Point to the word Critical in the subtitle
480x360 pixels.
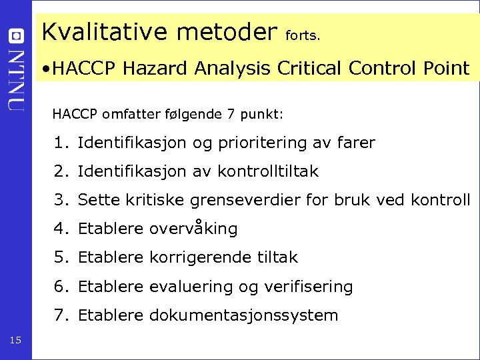pos(309,67)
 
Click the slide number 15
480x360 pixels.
pos(16,341)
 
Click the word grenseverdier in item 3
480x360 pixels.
pos(245,200)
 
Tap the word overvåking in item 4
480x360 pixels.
pos(193,229)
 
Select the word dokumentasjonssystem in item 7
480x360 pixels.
pos(243,315)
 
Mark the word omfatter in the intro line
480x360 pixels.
pos(128,114)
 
